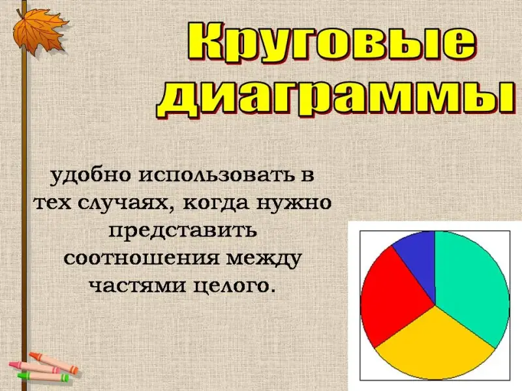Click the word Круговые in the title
332,42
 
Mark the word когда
216,203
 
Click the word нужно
294,203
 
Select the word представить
183,231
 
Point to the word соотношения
142,259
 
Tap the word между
264,259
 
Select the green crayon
43,377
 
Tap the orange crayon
54,362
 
